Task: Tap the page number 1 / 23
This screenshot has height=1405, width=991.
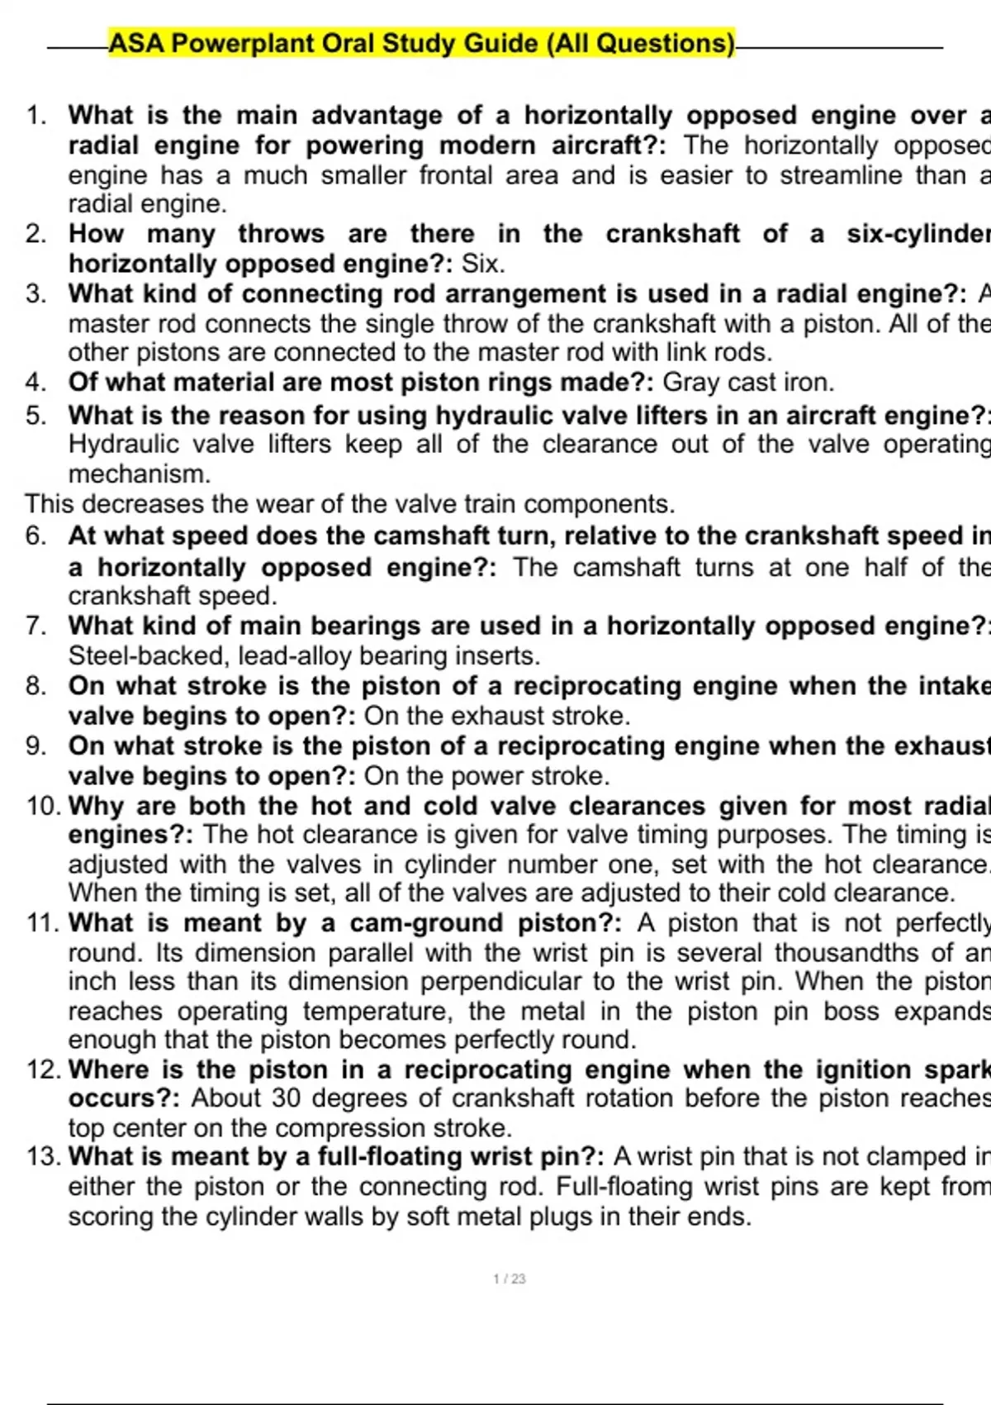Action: [x=510, y=1279]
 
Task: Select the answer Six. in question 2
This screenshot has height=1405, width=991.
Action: [x=483, y=264]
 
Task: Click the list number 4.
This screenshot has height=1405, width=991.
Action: [x=36, y=382]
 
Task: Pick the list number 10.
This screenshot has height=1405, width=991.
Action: [x=41, y=806]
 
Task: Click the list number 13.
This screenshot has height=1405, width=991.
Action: [x=41, y=1156]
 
